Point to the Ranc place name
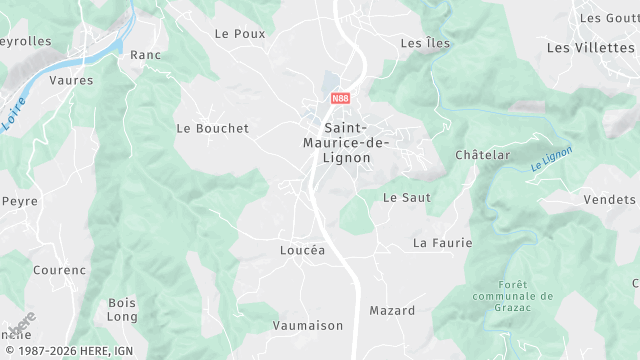pos(146,55)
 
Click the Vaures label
pos(71,80)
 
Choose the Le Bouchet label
pos(212,128)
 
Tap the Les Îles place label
pos(425,43)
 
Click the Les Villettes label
pos(592,47)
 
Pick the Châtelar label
pos(482,155)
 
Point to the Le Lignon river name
pos(551,159)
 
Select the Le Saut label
pos(407,198)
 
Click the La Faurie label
pos(442,243)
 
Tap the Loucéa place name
pos(302,251)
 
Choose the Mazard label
pos(392,311)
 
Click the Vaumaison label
pos(307,325)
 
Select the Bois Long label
pos(122,309)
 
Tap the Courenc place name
pos(59,270)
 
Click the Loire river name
pos(15,118)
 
